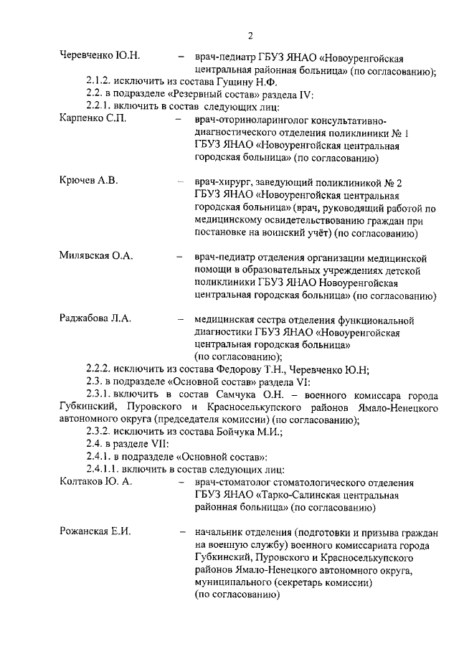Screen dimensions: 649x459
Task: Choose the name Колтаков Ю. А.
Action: [x=95, y=481]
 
